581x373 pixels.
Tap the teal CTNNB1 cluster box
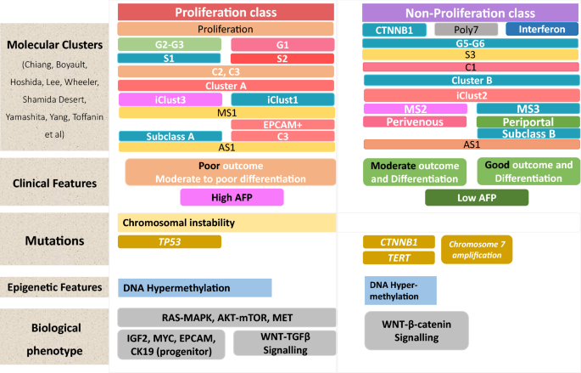pyautogui.click(x=394, y=30)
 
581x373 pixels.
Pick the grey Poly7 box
pyautogui.click(x=466, y=30)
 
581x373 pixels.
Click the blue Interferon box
pyautogui.click(x=541, y=30)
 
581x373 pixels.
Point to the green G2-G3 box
pyautogui.click(x=170, y=44)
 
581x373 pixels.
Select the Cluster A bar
pyautogui.click(x=226, y=85)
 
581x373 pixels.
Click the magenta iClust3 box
pyautogui.click(x=170, y=99)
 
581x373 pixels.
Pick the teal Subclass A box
pyautogui.click(x=170, y=136)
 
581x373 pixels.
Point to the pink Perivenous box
pyautogui.click(x=416, y=122)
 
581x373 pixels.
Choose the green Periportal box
pyautogui.click(x=528, y=122)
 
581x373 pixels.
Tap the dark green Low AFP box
pyautogui.click(x=476, y=198)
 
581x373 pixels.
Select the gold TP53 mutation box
pyautogui.click(x=170, y=242)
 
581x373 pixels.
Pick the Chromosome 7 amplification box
pyautogui.click(x=476, y=249)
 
